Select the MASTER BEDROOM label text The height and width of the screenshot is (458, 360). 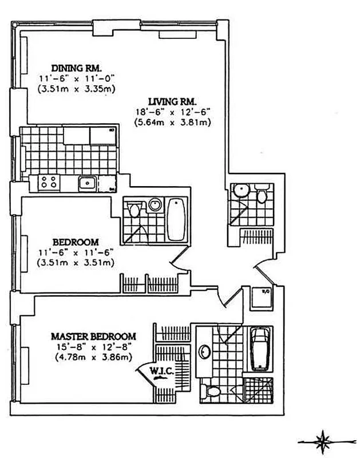pos(93,336)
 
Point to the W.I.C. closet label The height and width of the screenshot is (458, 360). pos(162,372)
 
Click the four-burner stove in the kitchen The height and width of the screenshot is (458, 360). pos(49,183)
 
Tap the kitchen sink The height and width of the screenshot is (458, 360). pos(87,183)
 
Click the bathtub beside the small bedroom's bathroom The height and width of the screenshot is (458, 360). pos(176,220)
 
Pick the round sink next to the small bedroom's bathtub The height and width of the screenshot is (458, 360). pos(154,204)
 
